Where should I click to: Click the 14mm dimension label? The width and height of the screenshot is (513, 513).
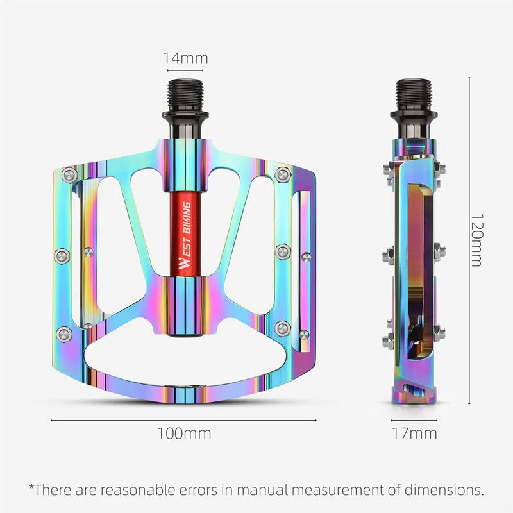click(185, 58)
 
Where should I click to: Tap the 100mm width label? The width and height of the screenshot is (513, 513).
click(184, 433)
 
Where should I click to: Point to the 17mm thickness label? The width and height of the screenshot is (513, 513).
click(414, 433)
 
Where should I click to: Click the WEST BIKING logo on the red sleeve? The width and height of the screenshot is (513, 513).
click(185, 238)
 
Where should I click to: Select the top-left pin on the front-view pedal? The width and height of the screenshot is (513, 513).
click(68, 174)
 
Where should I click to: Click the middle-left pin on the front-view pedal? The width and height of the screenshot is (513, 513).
click(61, 255)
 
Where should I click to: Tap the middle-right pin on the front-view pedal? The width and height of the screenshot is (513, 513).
click(282, 250)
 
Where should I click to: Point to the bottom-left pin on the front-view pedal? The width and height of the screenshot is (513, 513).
click(63, 332)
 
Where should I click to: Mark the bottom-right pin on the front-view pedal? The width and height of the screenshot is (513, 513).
click(283, 328)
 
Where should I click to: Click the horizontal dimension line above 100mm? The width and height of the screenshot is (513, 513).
click(184, 421)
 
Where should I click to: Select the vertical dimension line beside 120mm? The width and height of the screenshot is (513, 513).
click(469, 240)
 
